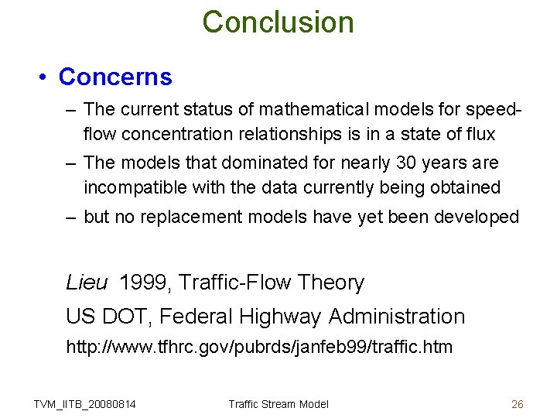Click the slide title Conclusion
pos(278,22)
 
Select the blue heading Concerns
pos(115,77)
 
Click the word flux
pos(479,134)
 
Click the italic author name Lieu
pos(87,283)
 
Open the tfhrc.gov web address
pos(259,347)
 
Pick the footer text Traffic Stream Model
pos(278,403)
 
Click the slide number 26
pos(518,403)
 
